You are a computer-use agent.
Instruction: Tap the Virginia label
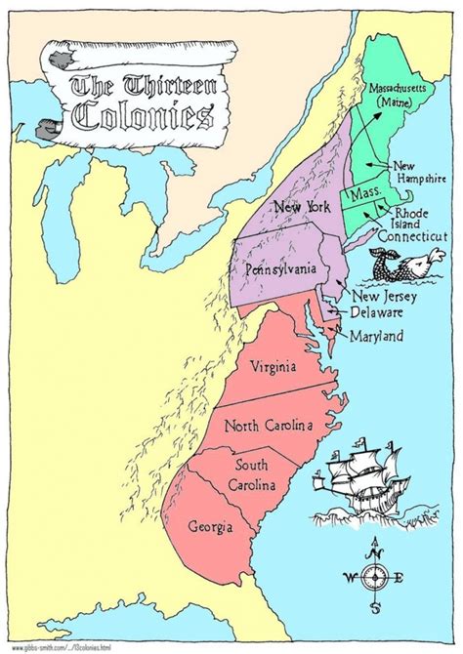[x=274, y=369]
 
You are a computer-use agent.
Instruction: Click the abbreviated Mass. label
[x=364, y=195]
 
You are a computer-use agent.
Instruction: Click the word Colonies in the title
[x=143, y=116]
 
